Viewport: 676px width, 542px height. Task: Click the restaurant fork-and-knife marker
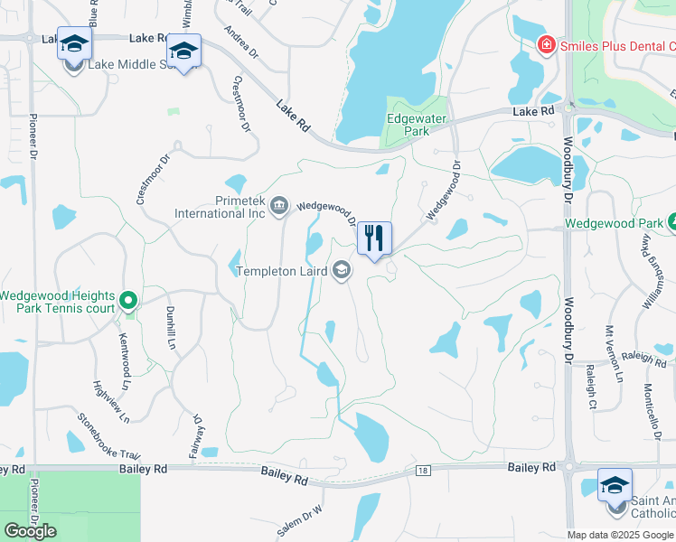click(x=373, y=239)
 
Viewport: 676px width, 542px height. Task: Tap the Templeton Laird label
click(x=281, y=271)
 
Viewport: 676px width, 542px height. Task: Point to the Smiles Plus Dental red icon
click(x=545, y=44)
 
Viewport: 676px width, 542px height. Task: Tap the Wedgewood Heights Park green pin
click(x=128, y=300)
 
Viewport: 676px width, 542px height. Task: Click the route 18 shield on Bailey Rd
click(x=423, y=471)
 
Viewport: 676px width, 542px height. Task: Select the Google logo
click(x=30, y=530)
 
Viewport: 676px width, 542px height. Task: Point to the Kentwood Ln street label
click(x=124, y=354)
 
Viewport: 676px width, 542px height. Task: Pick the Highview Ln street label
click(x=112, y=401)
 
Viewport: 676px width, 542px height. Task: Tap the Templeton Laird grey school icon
click(x=342, y=270)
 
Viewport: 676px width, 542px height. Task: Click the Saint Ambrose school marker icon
click(x=615, y=486)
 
